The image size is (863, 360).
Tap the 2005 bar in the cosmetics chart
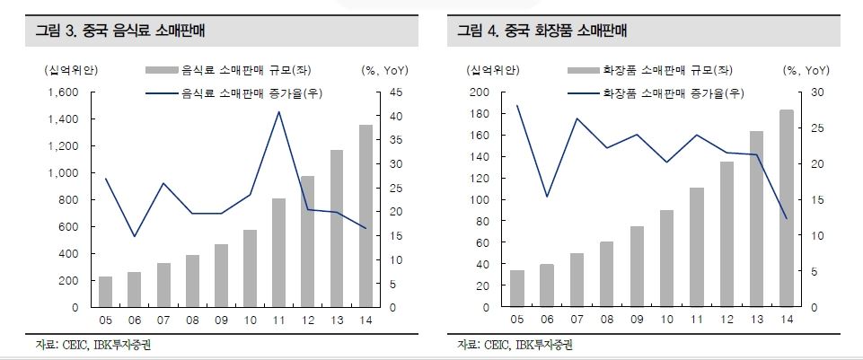[517, 288]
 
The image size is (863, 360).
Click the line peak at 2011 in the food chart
[278, 112]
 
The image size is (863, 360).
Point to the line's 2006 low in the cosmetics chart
[546, 197]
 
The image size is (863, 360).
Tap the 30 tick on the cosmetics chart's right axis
[815, 92]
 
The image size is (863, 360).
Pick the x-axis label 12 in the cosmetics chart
[727, 320]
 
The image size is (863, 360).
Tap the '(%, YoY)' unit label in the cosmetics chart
[806, 69]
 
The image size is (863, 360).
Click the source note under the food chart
[84, 345]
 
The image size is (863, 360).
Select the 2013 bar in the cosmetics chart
[756, 219]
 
